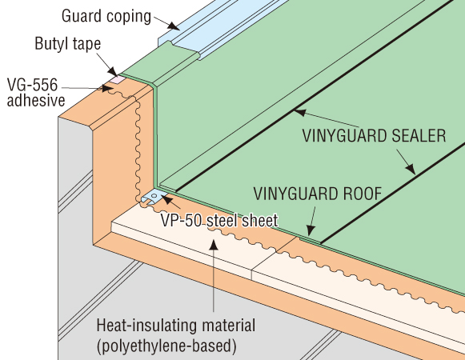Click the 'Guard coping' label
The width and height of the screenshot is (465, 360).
click(x=106, y=16)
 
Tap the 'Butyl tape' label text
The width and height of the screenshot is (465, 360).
click(x=68, y=44)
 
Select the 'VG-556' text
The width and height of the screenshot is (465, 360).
click(x=32, y=85)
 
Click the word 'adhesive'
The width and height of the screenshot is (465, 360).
click(x=36, y=100)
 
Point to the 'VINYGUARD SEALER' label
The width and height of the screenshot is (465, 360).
click(x=375, y=136)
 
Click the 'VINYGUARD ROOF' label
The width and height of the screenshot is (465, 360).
click(x=318, y=194)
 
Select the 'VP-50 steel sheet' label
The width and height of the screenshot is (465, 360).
click(x=219, y=220)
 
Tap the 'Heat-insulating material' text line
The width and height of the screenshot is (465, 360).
click(x=176, y=326)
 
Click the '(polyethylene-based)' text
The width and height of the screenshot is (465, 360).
click(x=166, y=346)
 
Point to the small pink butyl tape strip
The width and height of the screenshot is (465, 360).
click(x=117, y=79)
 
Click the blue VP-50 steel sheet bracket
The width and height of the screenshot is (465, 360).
click(x=153, y=197)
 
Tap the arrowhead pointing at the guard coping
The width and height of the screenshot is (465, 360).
click(x=174, y=26)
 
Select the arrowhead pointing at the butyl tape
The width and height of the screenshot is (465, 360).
click(x=112, y=71)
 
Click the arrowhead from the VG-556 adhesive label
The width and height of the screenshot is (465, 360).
click(x=107, y=88)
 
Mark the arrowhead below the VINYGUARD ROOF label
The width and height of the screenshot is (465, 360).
click(x=311, y=230)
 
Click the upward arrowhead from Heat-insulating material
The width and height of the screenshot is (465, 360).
click(x=214, y=246)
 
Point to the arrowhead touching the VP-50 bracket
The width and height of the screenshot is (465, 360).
click(x=166, y=199)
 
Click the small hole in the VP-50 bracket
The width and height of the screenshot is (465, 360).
click(x=154, y=196)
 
